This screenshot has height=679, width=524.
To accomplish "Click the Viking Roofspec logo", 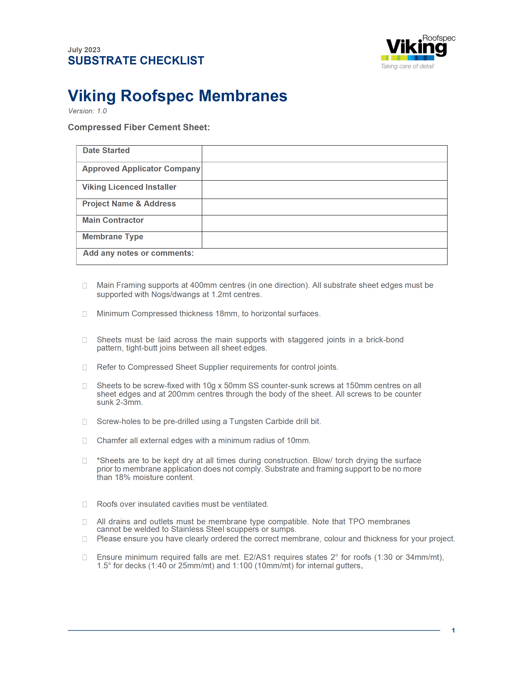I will point(418,48).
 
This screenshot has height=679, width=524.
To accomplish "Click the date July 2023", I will point(84,50).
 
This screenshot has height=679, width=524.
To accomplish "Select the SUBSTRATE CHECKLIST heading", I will point(136,61).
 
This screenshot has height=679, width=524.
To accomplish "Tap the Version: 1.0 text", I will point(88,111).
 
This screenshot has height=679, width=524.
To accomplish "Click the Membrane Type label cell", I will point(113,237).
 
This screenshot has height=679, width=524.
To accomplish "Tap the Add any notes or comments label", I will point(139,253).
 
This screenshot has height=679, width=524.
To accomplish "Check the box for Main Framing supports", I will point(85,285).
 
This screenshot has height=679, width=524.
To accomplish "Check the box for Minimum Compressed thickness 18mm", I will point(85,314).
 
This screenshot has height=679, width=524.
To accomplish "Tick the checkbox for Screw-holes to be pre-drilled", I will point(85,422).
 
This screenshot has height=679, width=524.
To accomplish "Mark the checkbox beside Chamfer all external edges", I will point(85,441).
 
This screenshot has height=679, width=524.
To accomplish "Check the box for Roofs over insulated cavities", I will point(85,504).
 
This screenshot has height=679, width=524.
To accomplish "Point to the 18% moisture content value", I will point(123,478).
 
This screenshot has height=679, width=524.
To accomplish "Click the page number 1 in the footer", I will point(453,630).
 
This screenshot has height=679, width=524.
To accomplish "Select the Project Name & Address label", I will point(129,204).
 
